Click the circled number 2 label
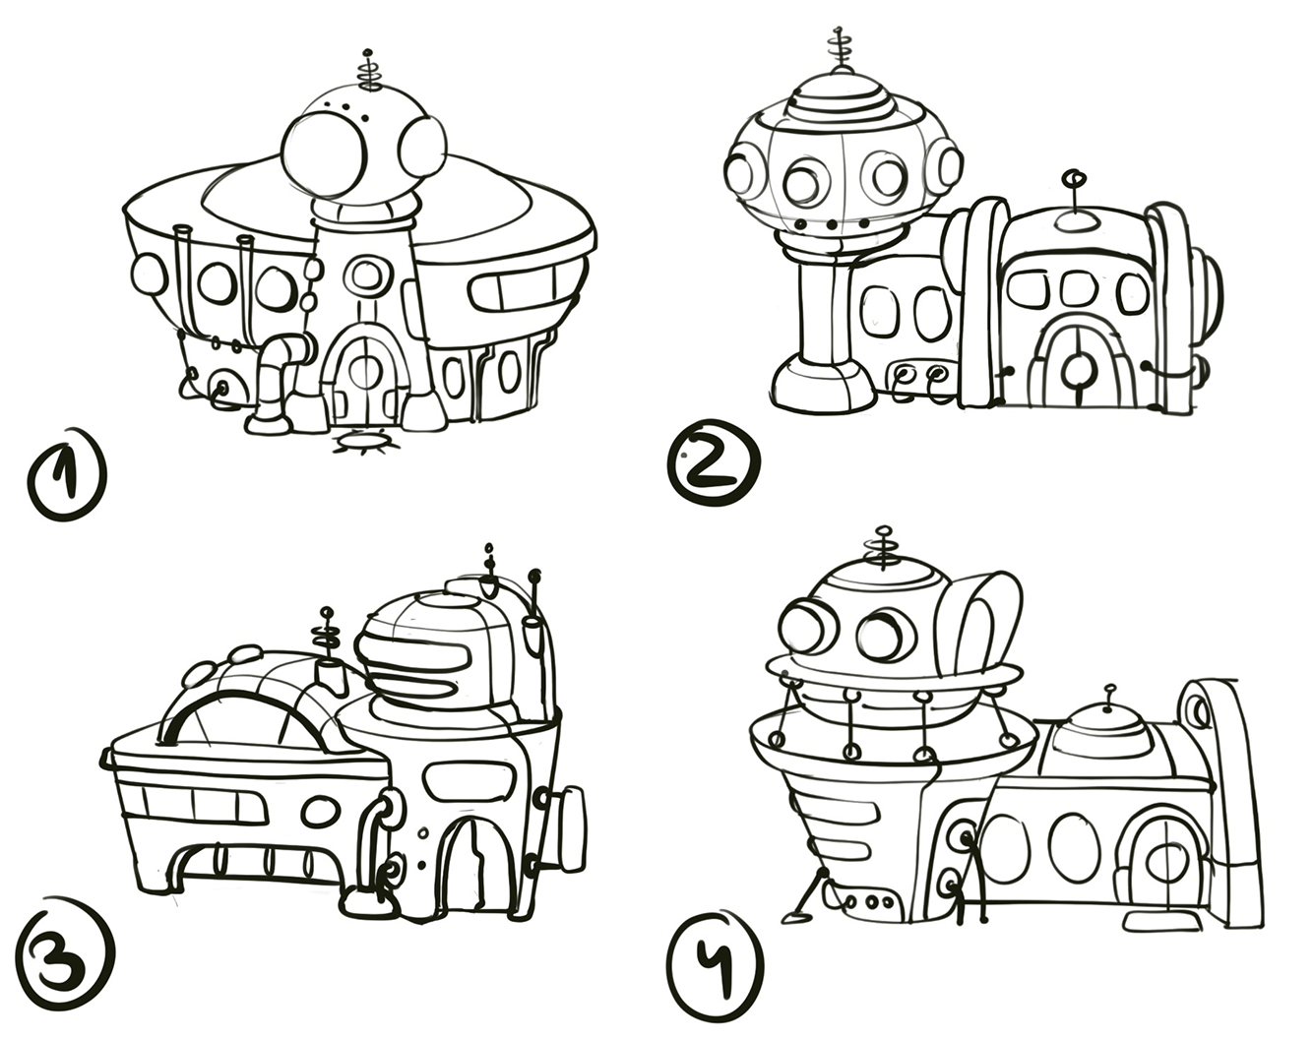tap(715, 462)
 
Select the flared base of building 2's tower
tap(822, 385)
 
